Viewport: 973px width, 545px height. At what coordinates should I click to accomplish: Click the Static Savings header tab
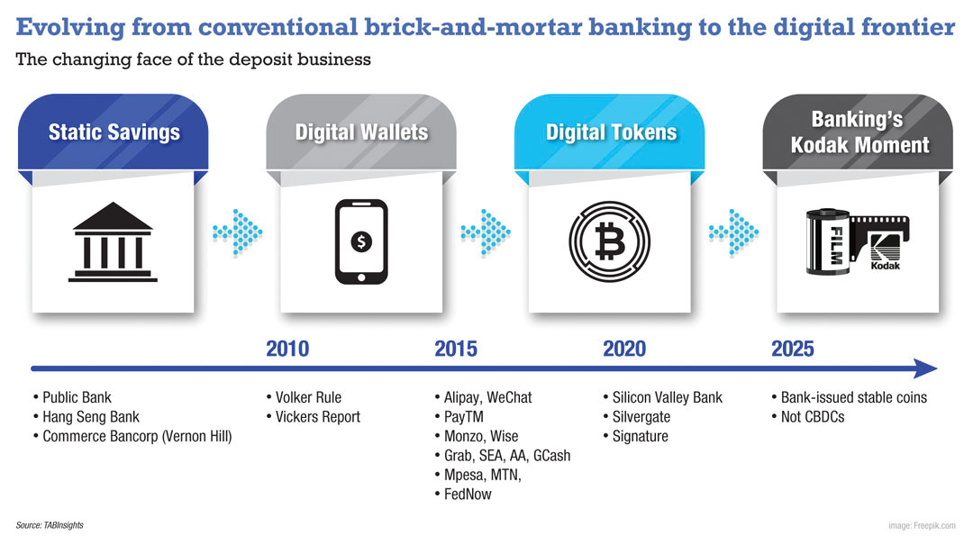pos(113,132)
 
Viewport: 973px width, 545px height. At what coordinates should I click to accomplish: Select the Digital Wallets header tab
pos(361,132)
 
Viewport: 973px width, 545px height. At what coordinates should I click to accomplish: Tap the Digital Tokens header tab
pos(609,132)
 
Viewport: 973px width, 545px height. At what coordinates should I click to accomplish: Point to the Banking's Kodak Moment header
pos(858,132)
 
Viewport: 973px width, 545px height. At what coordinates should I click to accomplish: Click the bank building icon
pos(113,242)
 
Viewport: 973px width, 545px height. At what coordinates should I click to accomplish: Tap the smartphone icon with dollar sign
pos(361,241)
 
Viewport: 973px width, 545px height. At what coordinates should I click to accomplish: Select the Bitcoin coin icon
pos(609,241)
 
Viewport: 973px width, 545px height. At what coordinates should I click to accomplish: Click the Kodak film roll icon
pos(858,241)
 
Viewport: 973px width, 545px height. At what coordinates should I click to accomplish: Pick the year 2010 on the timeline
pos(287,349)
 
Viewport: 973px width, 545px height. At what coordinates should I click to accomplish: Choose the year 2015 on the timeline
pos(456,349)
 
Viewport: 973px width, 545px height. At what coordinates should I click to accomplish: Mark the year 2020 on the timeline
pos(624,349)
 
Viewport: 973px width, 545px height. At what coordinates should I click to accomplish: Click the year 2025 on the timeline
pos(793,349)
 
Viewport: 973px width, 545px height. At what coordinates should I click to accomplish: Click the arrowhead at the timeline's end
pos(926,368)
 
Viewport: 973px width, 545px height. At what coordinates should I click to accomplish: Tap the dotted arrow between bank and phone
pos(238,232)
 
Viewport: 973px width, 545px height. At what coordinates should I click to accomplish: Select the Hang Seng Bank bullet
pos(86,416)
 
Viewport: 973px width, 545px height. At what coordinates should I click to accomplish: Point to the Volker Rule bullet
pos(305,397)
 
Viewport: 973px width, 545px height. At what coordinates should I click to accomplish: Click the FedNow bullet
pos(463,494)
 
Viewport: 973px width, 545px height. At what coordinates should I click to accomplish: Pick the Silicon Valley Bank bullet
pos(663,397)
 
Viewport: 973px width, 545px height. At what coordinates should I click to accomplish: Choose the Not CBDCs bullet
pos(808,416)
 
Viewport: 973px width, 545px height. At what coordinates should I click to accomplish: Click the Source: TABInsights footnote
pos(50,525)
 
